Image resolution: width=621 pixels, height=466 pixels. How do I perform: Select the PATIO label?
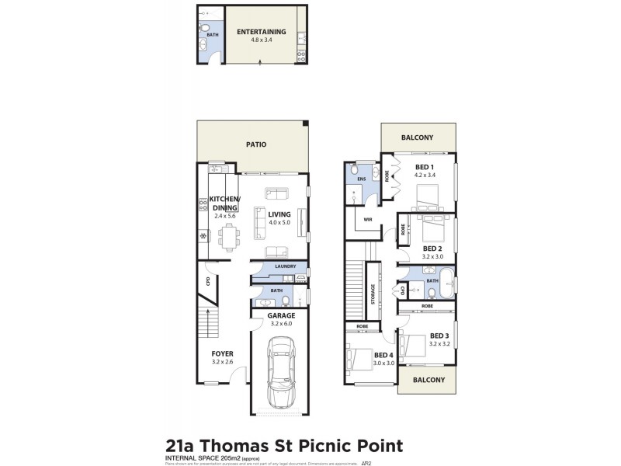coord(256,144)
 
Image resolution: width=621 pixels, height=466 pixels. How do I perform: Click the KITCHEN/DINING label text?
coord(225,204)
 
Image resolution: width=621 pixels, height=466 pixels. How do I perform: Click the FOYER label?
coord(223,354)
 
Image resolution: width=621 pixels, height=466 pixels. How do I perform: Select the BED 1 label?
coord(425,168)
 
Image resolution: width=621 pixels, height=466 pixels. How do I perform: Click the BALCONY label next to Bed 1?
coord(417,137)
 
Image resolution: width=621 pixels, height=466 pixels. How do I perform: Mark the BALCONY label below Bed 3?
coord(428,380)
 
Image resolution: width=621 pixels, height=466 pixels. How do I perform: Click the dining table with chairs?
coord(228,236)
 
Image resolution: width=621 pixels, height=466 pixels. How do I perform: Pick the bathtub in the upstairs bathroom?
coord(446,285)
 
